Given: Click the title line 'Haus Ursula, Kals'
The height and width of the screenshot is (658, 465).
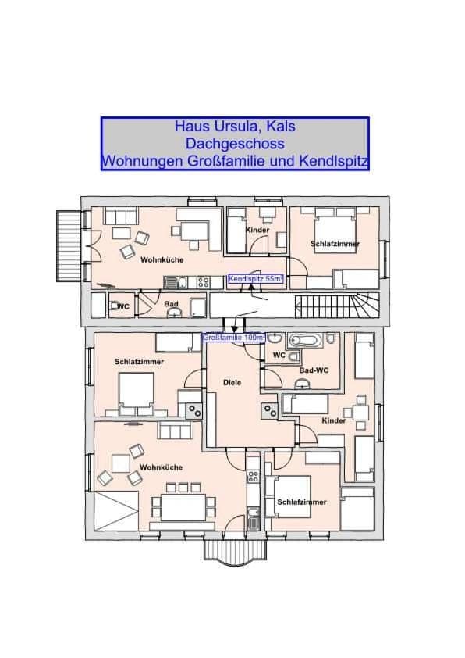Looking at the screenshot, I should (x=234, y=127).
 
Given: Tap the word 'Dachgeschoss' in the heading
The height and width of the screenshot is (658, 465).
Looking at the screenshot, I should (x=234, y=144).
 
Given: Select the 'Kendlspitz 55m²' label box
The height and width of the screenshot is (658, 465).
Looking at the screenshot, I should (x=255, y=278).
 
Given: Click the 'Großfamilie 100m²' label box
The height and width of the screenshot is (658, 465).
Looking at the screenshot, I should (x=233, y=338).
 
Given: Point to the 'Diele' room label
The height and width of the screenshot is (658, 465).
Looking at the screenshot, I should (x=232, y=383).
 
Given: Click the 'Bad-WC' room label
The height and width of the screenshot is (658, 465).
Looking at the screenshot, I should (x=312, y=370).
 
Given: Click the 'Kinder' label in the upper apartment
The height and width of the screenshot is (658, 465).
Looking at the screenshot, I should (x=257, y=231).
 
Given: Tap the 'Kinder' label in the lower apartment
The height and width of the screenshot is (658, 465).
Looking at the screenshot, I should (x=333, y=421).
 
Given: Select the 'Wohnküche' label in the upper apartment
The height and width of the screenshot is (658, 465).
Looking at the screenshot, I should (x=162, y=259).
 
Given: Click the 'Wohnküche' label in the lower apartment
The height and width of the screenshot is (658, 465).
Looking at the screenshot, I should (x=161, y=467).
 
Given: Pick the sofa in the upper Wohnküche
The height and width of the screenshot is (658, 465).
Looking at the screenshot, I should (x=121, y=216).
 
